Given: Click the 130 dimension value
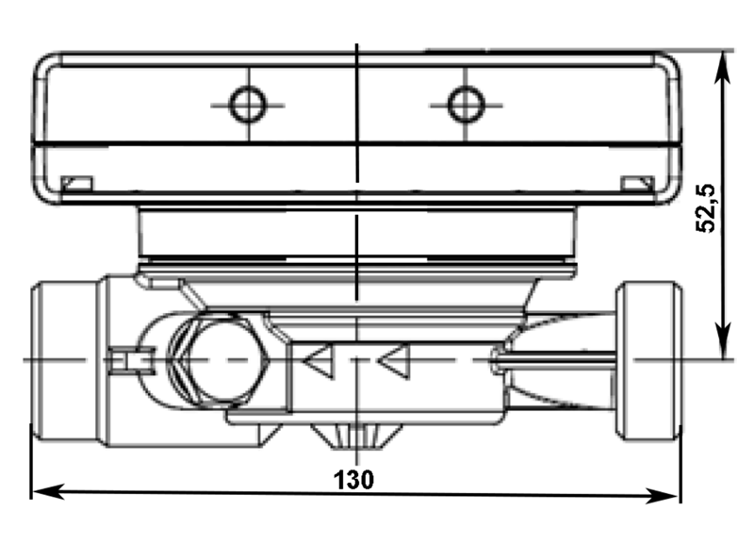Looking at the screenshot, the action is tap(354, 480).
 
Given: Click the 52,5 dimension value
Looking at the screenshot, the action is tap(706, 208).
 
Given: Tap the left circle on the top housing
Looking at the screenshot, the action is tap(248, 105).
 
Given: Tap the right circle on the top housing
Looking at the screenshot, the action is tap(466, 105).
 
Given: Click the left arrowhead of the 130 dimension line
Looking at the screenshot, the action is tap(47, 491).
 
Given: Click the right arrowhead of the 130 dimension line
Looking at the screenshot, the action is tap(663, 496).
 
